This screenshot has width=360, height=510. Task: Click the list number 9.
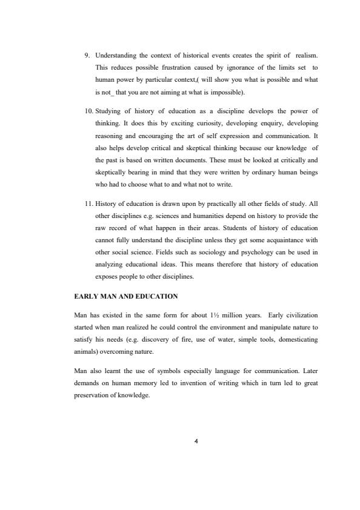(x=87, y=56)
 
